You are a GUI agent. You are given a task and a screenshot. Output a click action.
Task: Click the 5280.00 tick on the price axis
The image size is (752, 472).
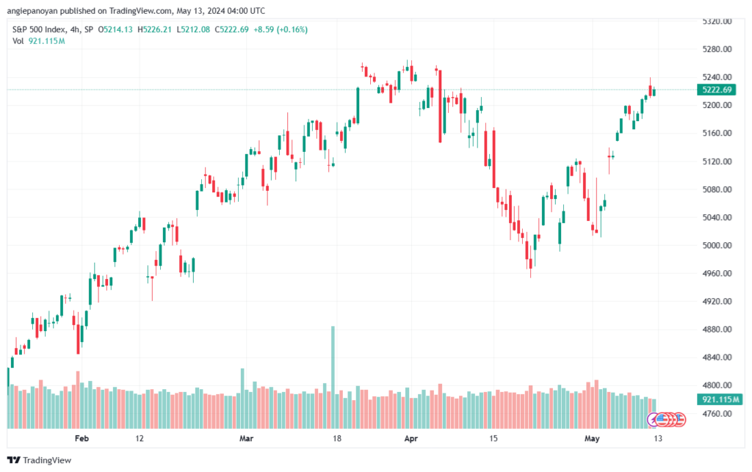pos(717,49)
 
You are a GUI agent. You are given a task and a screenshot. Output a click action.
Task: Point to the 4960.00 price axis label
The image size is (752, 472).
pos(717,273)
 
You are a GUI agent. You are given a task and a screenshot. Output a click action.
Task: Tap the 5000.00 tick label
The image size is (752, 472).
pos(717,245)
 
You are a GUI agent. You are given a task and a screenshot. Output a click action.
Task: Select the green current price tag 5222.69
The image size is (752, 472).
pos(717,90)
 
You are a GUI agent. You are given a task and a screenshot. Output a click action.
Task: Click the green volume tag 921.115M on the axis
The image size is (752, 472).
pos(720,399)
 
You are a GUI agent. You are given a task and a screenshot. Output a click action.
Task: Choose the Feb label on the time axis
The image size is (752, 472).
pos(82,438)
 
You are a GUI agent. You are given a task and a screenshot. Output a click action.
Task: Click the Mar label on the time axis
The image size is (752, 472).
pos(246,438)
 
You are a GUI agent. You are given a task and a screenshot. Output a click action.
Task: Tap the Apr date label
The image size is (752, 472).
pos(411,438)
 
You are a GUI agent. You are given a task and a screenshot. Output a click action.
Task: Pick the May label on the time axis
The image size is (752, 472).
pos(592,438)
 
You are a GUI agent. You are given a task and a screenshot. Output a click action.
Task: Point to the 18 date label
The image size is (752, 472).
pos(337,438)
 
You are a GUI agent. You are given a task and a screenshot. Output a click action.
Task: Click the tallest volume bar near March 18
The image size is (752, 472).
pos(333,377)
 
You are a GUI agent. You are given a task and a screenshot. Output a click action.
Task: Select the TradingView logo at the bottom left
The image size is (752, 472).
pos(39,460)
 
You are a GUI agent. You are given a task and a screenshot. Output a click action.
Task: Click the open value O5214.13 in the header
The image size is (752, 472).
pos(115,29)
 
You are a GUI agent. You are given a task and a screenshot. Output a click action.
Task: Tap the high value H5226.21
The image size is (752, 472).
pos(154,29)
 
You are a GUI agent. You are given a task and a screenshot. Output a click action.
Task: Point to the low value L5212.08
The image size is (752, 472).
pos(193,29)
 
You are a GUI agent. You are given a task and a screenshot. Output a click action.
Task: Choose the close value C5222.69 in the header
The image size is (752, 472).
pos(231,29)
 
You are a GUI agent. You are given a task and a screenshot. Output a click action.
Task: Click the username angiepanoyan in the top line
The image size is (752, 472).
pos(32,10)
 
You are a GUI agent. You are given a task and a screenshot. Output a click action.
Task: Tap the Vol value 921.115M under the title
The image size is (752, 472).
pos(46,40)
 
